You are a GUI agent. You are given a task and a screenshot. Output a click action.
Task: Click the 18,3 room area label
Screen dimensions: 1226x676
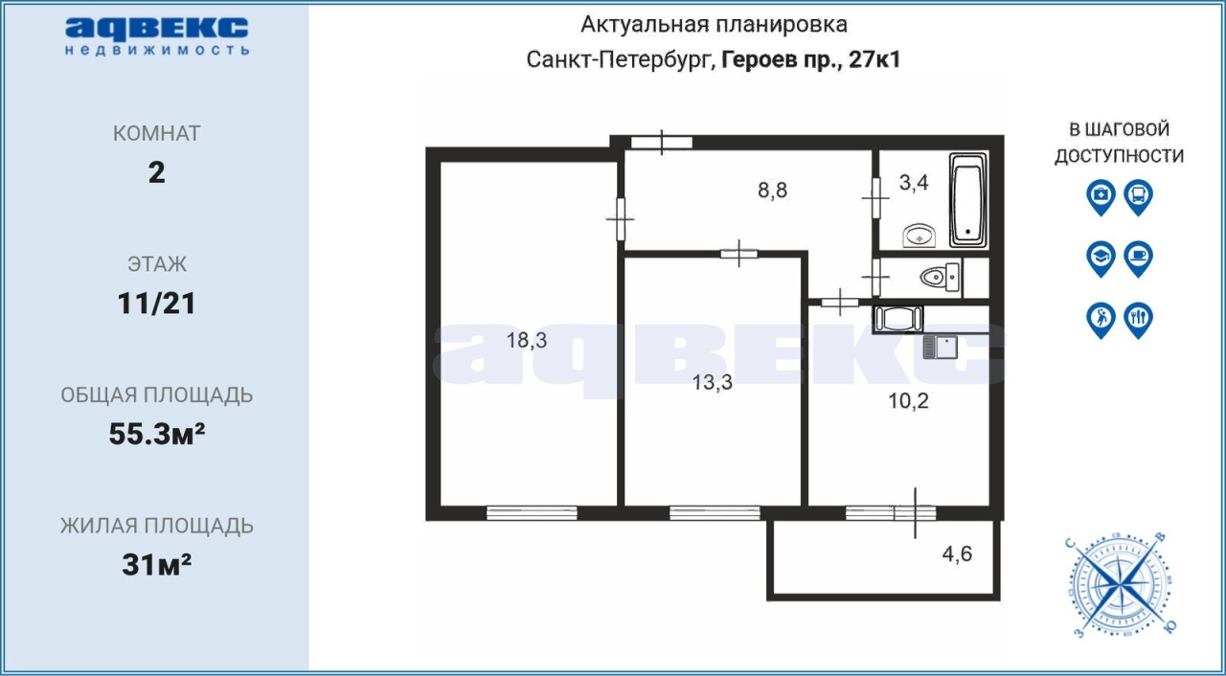(526, 340)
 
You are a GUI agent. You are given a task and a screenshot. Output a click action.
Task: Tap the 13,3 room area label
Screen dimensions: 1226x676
(712, 382)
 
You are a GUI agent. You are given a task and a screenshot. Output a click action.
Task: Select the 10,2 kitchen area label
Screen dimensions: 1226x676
(908, 401)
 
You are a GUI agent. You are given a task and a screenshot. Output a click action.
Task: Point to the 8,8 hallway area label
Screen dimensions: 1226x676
(772, 190)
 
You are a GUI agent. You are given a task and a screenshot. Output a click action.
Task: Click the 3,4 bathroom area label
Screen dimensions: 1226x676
(914, 182)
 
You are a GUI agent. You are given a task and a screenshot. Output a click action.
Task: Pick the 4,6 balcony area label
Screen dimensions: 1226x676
(957, 553)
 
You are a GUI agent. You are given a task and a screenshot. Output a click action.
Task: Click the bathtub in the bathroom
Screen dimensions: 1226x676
(967, 199)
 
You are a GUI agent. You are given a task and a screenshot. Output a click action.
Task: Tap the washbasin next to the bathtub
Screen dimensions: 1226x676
(919, 236)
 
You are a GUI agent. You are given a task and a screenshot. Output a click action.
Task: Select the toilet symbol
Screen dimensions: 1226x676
(941, 278)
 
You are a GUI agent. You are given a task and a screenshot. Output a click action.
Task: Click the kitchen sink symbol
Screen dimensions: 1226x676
(940, 347)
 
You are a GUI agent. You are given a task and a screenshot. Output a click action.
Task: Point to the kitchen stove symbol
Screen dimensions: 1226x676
(898, 319)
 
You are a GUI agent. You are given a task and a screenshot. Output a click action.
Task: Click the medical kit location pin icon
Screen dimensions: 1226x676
(1101, 197)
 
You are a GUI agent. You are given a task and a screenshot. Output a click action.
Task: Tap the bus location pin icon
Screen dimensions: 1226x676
(1139, 197)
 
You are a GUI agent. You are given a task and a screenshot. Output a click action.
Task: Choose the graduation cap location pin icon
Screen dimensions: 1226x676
(1101, 259)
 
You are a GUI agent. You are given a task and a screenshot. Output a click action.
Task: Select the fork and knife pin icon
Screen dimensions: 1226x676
(1139, 320)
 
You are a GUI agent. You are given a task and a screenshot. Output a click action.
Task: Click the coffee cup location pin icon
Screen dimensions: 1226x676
(1139, 259)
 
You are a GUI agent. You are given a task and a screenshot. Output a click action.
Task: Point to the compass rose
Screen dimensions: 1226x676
(1121, 586)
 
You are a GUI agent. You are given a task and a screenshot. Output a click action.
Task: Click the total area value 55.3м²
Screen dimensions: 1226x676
(156, 435)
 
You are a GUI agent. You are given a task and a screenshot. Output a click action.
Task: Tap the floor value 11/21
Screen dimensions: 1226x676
(156, 304)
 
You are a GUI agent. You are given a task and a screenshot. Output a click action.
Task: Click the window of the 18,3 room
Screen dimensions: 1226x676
(532, 512)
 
